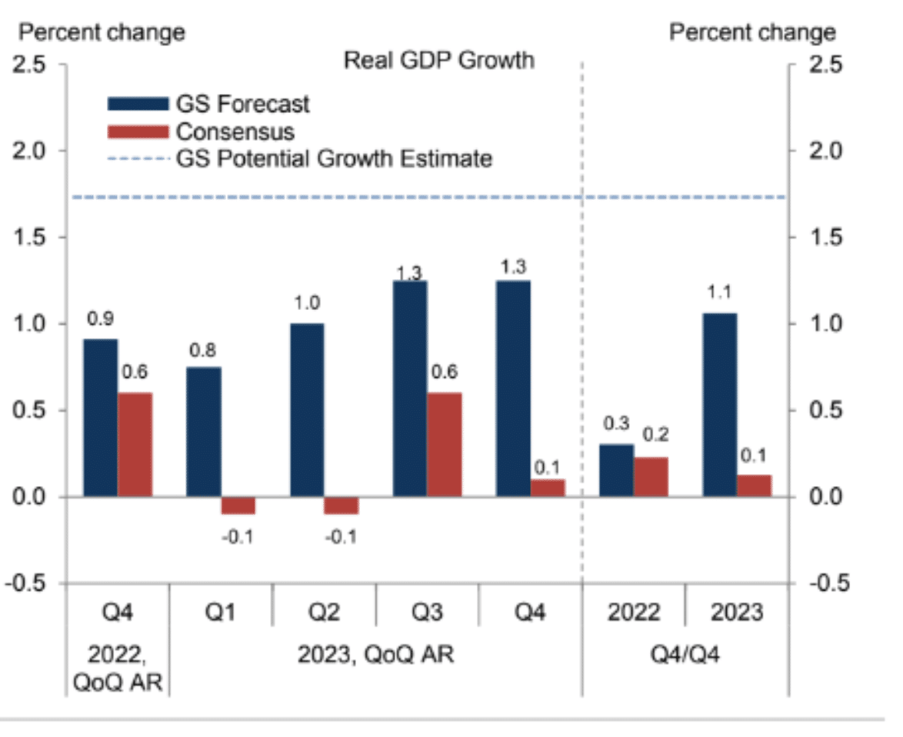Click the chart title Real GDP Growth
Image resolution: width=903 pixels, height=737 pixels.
coord(438,60)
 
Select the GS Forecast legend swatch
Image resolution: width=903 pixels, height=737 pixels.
coord(138,104)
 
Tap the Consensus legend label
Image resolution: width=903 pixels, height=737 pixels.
coord(235,131)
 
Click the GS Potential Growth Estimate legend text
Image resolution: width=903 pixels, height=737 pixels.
coord(335,159)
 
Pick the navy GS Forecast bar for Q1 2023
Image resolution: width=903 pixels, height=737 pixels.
coord(204,432)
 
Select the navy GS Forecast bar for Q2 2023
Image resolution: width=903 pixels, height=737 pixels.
coord(308,410)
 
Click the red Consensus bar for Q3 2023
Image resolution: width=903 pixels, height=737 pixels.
coord(445,445)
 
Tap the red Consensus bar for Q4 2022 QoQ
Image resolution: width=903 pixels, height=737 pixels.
coord(135,445)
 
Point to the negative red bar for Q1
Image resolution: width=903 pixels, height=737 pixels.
coord(238,505)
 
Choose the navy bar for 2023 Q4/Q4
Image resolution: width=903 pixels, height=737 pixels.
coord(719,405)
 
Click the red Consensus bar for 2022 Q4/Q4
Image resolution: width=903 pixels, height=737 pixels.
coord(651,477)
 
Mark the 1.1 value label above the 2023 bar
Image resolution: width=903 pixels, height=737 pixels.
coord(719,293)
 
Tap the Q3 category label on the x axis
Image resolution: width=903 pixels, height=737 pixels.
coord(427,612)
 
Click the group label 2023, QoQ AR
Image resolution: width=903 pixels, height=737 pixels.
coord(377,655)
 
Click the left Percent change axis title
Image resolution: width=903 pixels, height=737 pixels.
coord(102,33)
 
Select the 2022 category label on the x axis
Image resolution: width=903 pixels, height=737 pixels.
coord(633,612)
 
